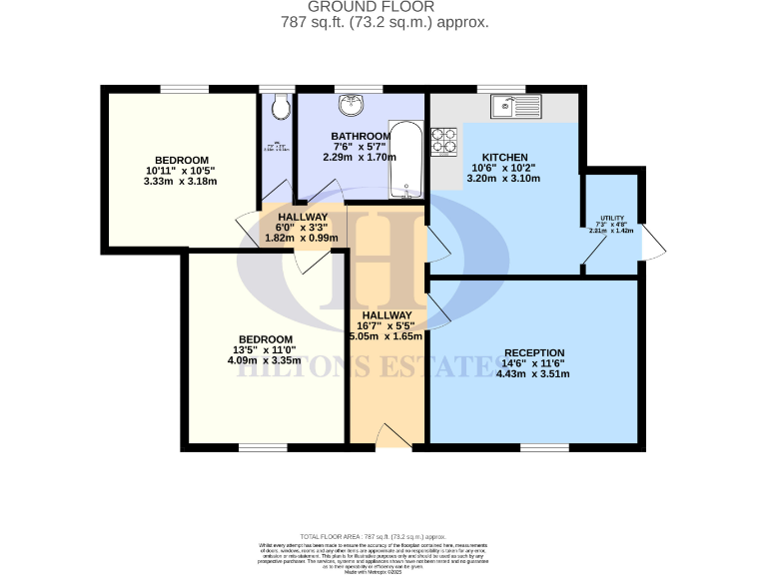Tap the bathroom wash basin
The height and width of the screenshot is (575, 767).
pos(351,105)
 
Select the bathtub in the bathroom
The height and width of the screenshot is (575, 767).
pos(405,157)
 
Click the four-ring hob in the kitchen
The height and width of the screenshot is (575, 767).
pos(443,142)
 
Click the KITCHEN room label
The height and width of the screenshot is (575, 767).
pos(503,158)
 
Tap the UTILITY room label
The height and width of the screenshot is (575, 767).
pos(611,218)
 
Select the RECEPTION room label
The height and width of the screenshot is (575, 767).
pos(535,352)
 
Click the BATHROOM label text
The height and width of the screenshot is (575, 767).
pos(361,136)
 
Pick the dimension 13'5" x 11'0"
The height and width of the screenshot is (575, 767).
pos(265,349)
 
